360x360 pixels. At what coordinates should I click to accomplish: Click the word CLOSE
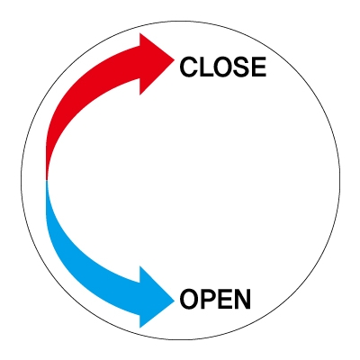[222, 67]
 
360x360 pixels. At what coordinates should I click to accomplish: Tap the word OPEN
[215, 299]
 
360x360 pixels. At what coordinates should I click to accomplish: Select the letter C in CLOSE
[188, 67]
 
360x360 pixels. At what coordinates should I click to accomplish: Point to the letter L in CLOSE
[205, 67]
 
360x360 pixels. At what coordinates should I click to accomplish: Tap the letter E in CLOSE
[259, 67]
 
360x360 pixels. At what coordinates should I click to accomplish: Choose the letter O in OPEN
[190, 299]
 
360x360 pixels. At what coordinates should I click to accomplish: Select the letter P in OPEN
[209, 299]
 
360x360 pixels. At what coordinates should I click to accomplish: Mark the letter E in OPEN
[225, 299]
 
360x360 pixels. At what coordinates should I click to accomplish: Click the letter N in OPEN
[242, 299]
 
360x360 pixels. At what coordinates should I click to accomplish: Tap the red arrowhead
[155, 64]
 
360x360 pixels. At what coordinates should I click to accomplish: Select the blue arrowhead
[155, 297]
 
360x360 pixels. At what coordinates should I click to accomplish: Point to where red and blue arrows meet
[47, 181]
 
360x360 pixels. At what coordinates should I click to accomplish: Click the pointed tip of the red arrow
[175, 60]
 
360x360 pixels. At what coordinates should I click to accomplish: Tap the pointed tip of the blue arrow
[175, 301]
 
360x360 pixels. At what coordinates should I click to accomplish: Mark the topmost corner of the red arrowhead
[139, 33]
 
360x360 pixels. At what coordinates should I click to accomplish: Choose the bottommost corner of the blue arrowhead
[139, 328]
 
